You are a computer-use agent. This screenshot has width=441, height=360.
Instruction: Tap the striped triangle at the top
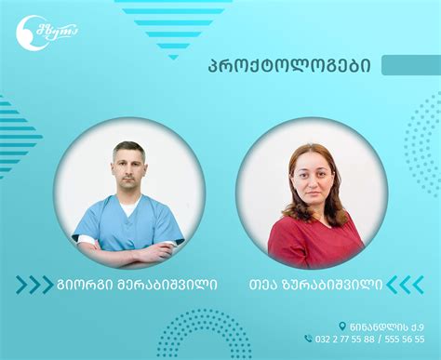(173, 22)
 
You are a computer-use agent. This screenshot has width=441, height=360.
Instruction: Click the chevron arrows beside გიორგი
(33, 284)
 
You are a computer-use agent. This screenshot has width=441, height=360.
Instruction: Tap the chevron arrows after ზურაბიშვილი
(405, 284)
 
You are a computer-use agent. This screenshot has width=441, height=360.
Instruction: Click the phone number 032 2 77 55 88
(348, 340)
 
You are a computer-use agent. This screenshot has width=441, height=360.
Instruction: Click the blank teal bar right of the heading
(410, 65)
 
